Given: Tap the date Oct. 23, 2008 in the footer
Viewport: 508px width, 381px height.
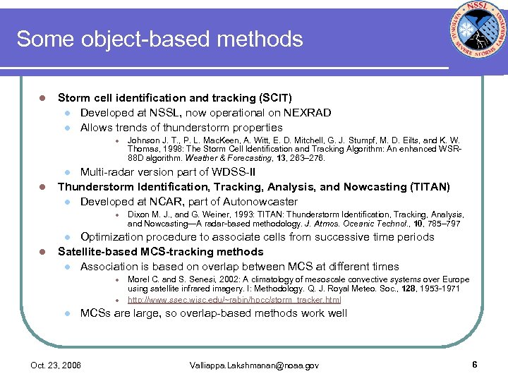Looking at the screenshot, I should pyautogui.click(x=56, y=365).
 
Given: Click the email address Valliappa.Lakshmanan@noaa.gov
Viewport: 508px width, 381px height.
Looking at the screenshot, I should pyautogui.click(x=254, y=365).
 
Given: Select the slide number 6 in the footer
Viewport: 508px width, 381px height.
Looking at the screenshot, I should pyautogui.click(x=475, y=365).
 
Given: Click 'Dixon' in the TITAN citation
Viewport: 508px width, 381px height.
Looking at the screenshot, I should pyautogui.click(x=139, y=214).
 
